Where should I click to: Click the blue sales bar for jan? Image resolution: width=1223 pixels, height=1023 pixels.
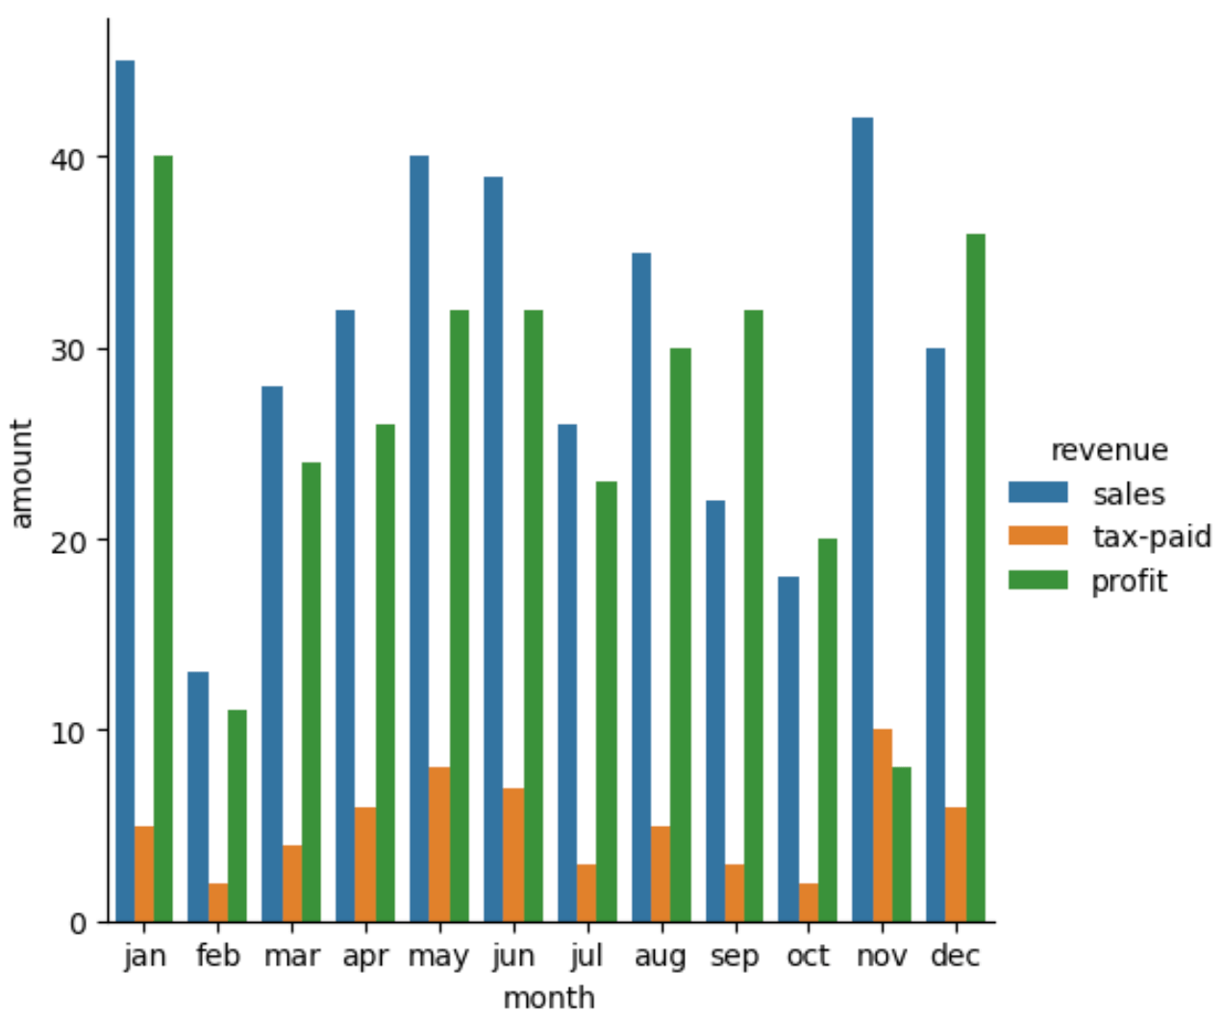coord(125,490)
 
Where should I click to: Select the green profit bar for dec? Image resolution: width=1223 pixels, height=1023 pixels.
coord(975,577)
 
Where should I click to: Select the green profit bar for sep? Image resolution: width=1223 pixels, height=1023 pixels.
coord(754,615)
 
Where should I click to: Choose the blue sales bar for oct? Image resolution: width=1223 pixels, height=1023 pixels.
coord(788,749)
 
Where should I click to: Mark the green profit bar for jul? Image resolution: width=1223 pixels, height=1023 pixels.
coord(606,701)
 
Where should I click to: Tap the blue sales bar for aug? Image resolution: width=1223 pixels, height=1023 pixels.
coord(641,586)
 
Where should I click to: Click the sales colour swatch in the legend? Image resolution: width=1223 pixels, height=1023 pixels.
coord(1037,492)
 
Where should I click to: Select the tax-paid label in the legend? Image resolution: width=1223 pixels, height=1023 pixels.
coord(1151,536)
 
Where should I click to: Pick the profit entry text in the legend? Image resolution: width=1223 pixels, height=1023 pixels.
coord(1129,581)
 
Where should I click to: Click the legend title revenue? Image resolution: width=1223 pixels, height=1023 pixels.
coord(1109,450)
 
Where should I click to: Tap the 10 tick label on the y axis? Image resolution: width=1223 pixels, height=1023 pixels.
coord(66,731)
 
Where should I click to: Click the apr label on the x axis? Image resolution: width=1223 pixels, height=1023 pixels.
coord(365,956)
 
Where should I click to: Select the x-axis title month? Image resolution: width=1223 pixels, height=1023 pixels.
coord(549,998)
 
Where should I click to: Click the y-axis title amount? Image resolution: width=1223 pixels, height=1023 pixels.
coord(21,473)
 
